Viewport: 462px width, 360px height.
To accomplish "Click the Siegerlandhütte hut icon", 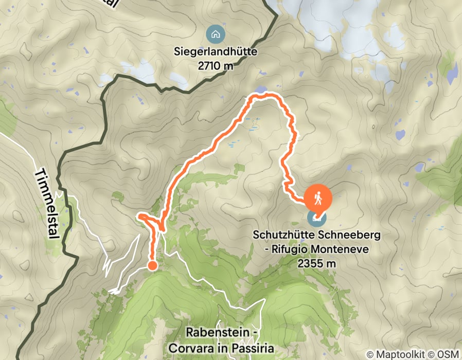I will coord(215,35).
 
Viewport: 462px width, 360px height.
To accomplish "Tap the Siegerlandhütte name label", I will coord(215,52).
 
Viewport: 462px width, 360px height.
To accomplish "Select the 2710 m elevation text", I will coord(215,66).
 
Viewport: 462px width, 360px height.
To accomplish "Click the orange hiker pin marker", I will coord(318,197).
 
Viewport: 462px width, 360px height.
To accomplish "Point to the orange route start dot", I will coord(152,265).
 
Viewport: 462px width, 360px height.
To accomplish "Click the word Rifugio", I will coord(280,249).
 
